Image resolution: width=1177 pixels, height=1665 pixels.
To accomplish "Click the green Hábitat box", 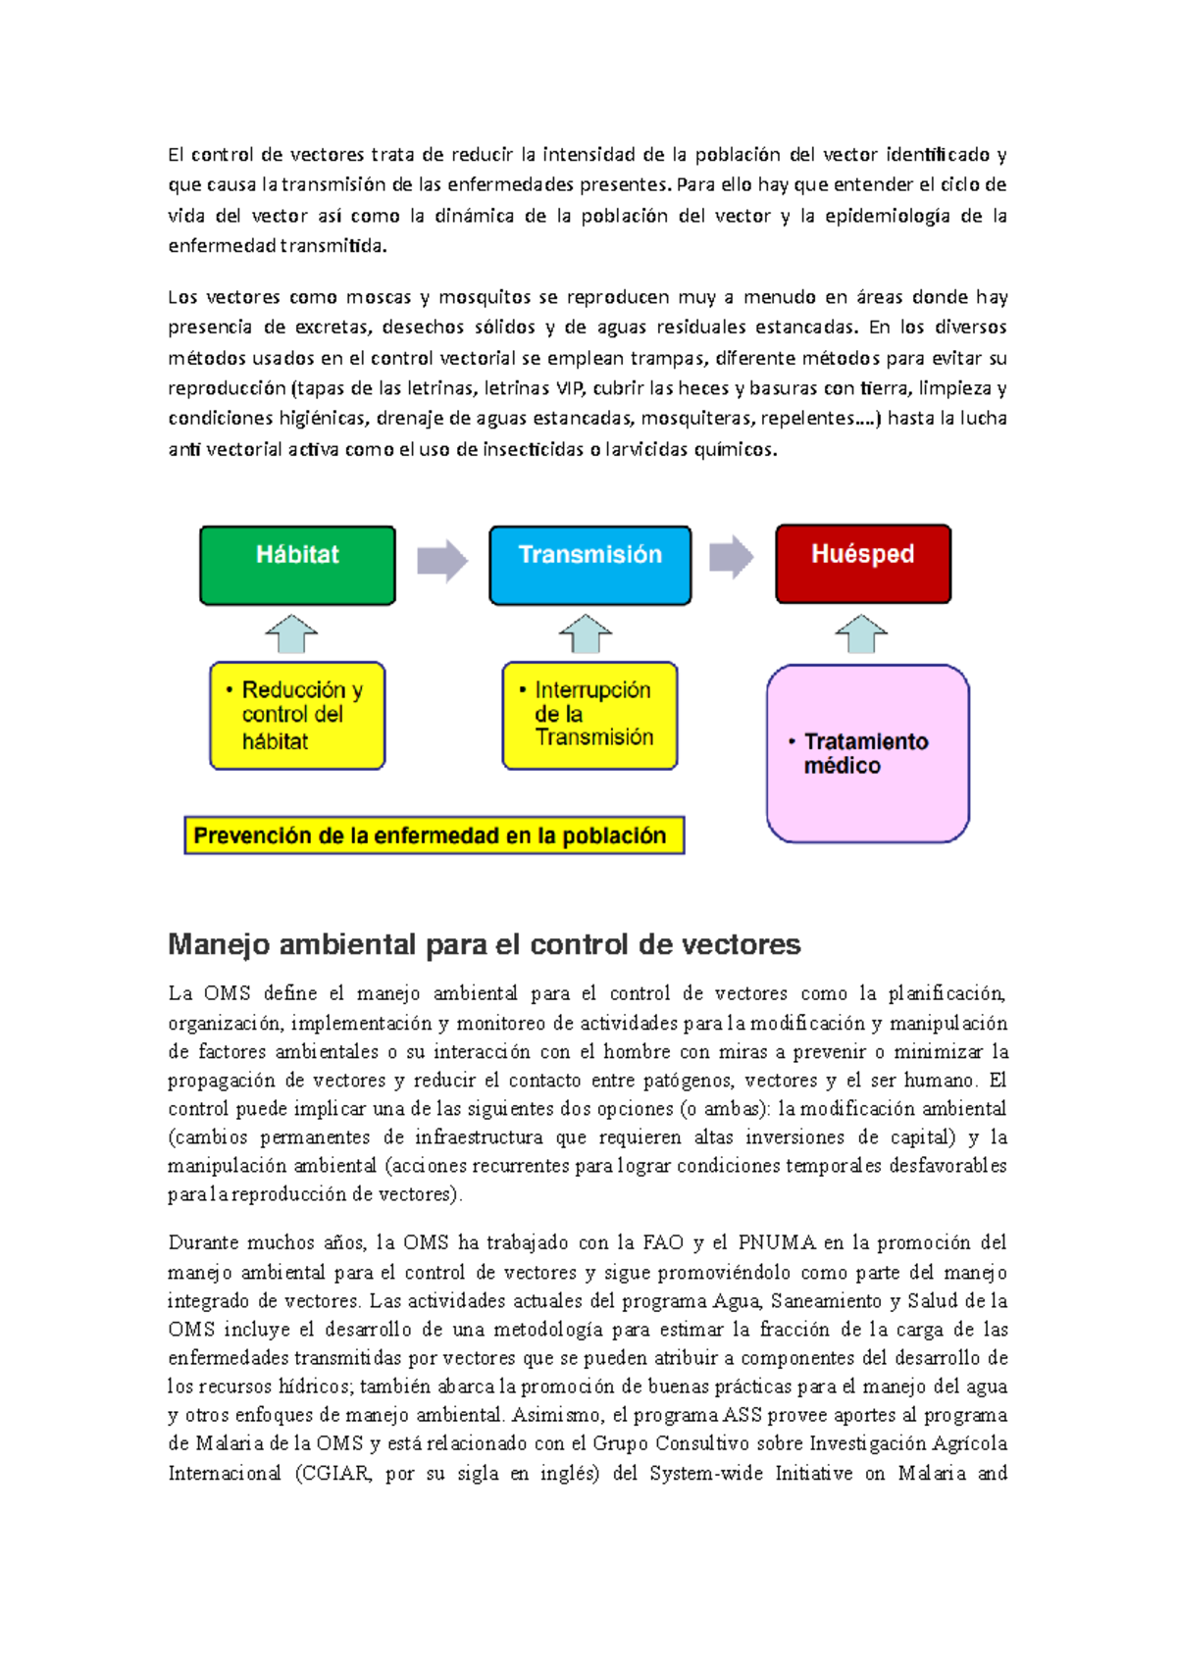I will tap(297, 565).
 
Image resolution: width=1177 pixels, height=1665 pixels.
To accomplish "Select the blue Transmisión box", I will tap(589, 565).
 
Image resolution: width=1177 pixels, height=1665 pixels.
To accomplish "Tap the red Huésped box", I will tap(862, 564).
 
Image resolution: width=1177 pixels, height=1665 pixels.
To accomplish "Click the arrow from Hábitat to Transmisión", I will tap(442, 561).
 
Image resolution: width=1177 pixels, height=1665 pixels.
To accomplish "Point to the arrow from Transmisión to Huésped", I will tap(731, 557).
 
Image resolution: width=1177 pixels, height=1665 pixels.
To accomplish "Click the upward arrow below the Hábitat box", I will tap(291, 633).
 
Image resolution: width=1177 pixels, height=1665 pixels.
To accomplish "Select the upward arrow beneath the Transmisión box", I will tap(586, 633).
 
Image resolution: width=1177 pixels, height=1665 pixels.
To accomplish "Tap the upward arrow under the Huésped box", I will tap(861, 633).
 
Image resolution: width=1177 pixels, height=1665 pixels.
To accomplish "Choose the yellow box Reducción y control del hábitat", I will tap(297, 716).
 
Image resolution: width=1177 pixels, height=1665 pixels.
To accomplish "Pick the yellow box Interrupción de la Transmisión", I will tap(589, 716).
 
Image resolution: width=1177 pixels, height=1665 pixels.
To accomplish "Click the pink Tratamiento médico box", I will tap(867, 753).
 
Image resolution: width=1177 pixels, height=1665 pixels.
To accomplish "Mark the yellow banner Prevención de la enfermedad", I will tap(434, 835).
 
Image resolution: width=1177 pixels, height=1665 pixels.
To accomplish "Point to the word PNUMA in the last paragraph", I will tap(777, 1242).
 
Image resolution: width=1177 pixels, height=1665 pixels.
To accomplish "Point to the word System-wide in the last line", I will tap(705, 1473).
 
